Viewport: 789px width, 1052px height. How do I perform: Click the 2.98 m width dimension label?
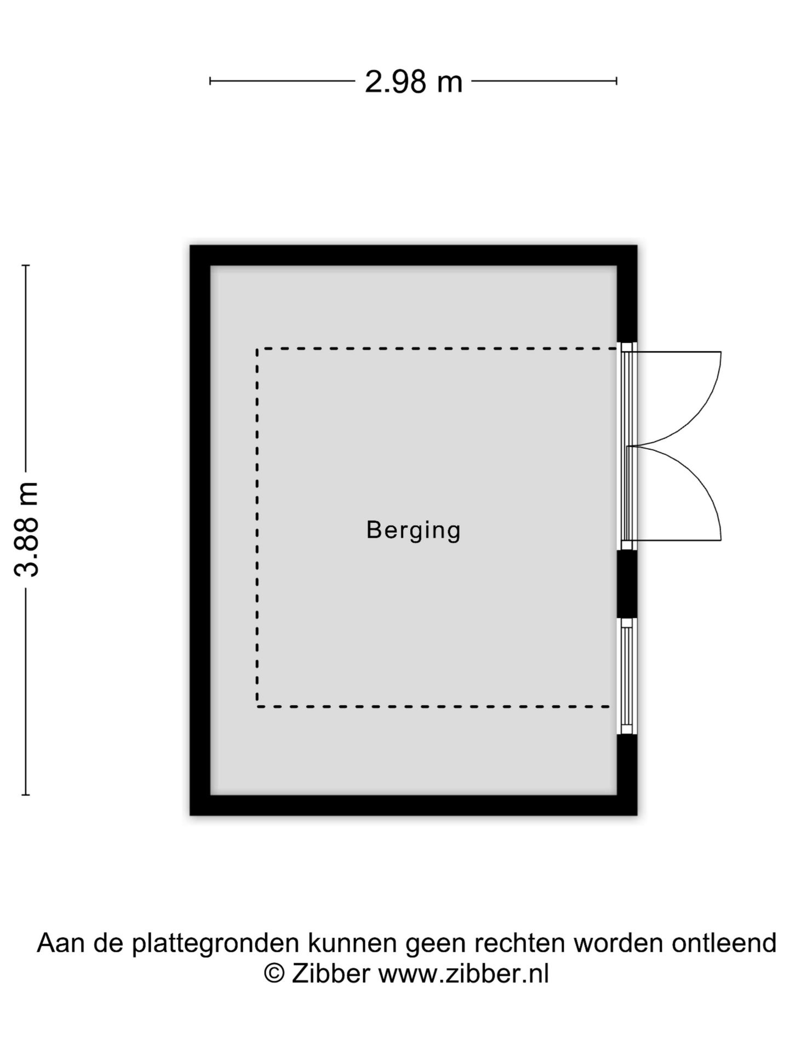click(414, 82)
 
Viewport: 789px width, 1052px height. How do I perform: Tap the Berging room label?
click(414, 531)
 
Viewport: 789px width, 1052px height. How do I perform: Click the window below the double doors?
click(627, 676)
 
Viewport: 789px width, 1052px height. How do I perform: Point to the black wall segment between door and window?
click(627, 584)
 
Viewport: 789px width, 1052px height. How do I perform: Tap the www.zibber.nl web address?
click(464, 974)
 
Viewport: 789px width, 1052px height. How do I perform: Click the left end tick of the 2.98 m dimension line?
click(210, 81)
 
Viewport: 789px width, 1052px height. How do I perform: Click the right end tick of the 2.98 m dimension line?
click(617, 81)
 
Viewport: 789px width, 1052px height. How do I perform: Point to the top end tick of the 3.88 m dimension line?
click(26, 265)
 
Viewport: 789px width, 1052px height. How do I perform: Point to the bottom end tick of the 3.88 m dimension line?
click(26, 794)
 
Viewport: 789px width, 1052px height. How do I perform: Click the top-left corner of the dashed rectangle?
click(257, 348)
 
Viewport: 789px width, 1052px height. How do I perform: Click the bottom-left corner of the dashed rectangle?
click(257, 707)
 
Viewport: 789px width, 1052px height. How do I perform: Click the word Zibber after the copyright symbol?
click(331, 974)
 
